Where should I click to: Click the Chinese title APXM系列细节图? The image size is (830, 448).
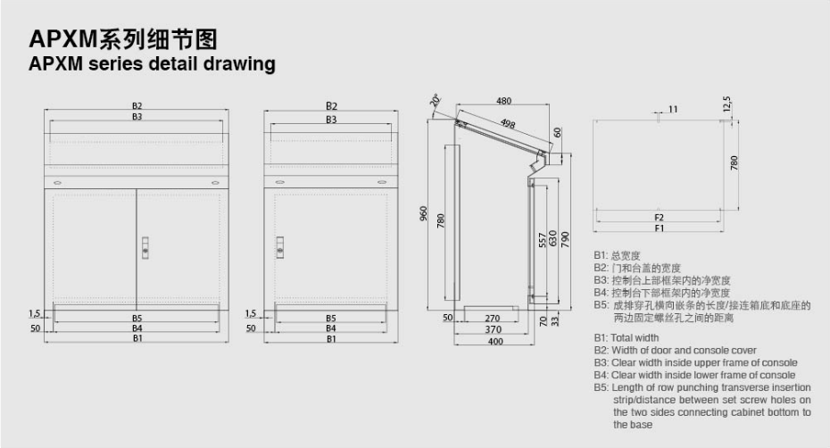tap(123, 38)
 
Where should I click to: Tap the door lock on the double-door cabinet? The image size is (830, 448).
tap(145, 248)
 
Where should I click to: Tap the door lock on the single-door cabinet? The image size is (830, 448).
tap(280, 247)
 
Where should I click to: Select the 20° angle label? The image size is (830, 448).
tap(436, 100)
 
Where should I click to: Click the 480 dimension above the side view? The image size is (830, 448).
tap(503, 101)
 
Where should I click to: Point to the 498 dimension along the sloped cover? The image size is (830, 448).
tap(508, 124)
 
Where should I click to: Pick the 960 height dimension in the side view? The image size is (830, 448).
tap(423, 213)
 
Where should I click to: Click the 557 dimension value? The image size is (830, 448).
tap(542, 240)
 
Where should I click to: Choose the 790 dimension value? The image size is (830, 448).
tap(565, 239)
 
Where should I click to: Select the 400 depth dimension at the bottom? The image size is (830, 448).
tap(495, 342)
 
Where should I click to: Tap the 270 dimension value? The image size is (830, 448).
tap(493, 319)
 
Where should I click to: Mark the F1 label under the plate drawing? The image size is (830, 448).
tap(659, 228)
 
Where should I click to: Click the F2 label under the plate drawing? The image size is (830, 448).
tap(659, 218)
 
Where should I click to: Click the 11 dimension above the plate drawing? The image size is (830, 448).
tap(673, 109)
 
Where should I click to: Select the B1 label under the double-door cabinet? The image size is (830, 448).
tap(137, 338)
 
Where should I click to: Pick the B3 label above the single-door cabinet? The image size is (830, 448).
tap(331, 120)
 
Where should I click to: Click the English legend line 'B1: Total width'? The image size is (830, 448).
tap(627, 338)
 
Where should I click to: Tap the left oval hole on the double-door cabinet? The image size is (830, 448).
tap(58, 183)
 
